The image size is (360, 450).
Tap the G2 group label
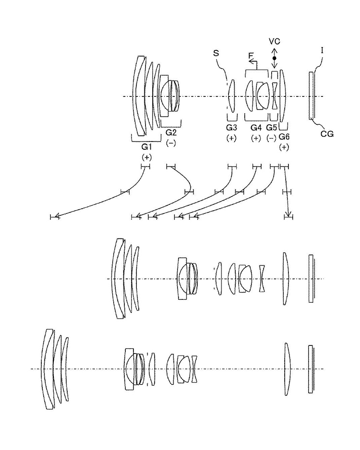[x=171, y=132]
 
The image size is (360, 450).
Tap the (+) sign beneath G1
[x=146, y=157]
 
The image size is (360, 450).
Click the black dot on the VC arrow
[x=275, y=59]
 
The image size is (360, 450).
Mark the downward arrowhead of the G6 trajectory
[x=288, y=215]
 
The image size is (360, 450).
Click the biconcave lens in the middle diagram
[x=262, y=278]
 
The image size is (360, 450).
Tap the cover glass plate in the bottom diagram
[x=311, y=368]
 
